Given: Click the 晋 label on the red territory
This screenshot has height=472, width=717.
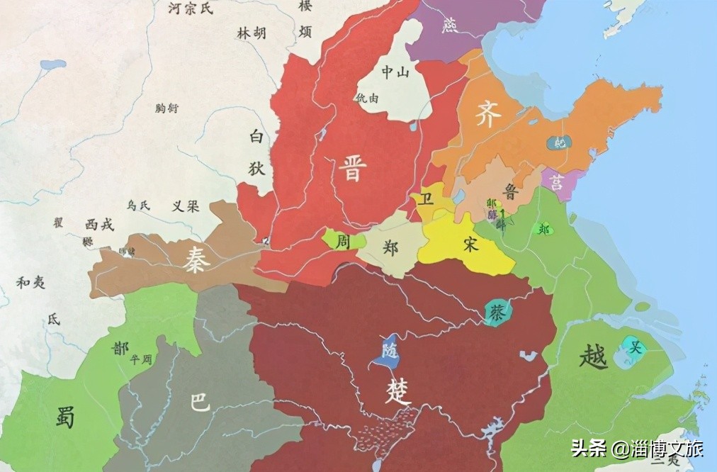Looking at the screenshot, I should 351,169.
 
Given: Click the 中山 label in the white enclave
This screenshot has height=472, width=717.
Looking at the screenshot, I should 395,71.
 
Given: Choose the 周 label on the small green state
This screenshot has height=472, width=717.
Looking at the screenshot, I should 344,241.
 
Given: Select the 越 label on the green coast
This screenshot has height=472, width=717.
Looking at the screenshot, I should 592,356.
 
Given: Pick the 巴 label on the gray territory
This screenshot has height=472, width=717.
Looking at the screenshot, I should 201,402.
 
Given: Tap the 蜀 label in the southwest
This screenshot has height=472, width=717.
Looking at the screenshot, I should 66,416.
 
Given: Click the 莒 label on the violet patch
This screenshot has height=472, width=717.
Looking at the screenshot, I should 558,183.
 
